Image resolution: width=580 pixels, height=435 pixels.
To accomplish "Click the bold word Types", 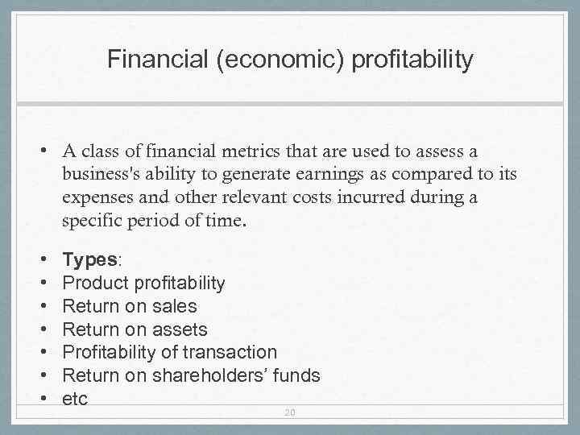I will tap(89, 259).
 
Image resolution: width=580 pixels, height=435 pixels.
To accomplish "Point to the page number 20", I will tap(289, 412).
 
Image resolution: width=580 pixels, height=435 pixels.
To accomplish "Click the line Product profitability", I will tap(143, 283).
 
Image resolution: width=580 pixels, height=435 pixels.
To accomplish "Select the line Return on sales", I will tap(129, 306).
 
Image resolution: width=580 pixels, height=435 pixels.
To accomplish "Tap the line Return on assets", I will tap(135, 329).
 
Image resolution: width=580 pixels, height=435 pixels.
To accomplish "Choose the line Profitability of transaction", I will tap(169, 352).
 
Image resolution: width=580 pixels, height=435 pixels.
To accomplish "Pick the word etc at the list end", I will tap(75, 398).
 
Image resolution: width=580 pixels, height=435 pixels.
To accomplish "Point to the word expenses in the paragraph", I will tap(97, 198).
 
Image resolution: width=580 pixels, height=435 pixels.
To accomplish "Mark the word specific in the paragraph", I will tap(91, 222).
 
